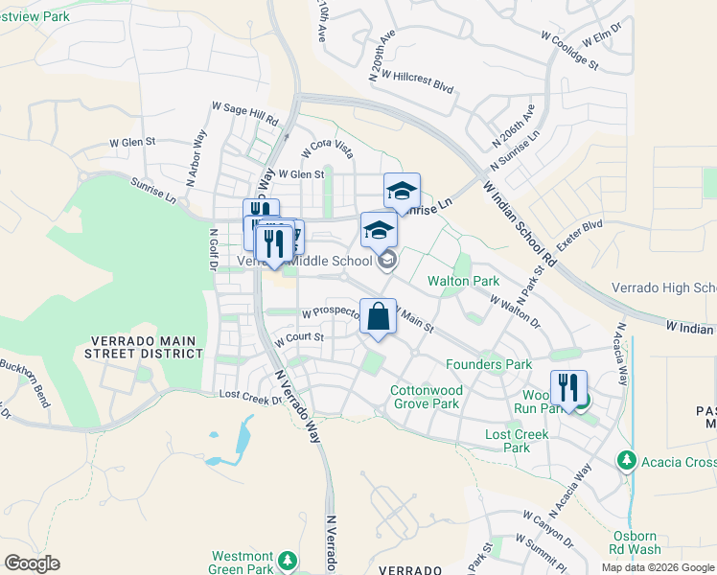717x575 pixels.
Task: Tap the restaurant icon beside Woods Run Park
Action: (x=568, y=388)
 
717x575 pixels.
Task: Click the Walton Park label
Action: (x=464, y=281)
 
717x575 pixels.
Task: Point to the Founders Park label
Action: (x=489, y=364)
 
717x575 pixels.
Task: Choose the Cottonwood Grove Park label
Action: (x=425, y=397)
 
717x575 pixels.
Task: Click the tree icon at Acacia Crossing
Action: (x=627, y=461)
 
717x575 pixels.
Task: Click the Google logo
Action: (x=32, y=563)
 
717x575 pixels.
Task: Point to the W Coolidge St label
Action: (x=569, y=51)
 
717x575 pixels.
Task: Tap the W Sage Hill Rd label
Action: (x=244, y=115)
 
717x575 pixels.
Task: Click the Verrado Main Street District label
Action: (x=147, y=347)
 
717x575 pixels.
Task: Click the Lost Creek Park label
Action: (x=517, y=441)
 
